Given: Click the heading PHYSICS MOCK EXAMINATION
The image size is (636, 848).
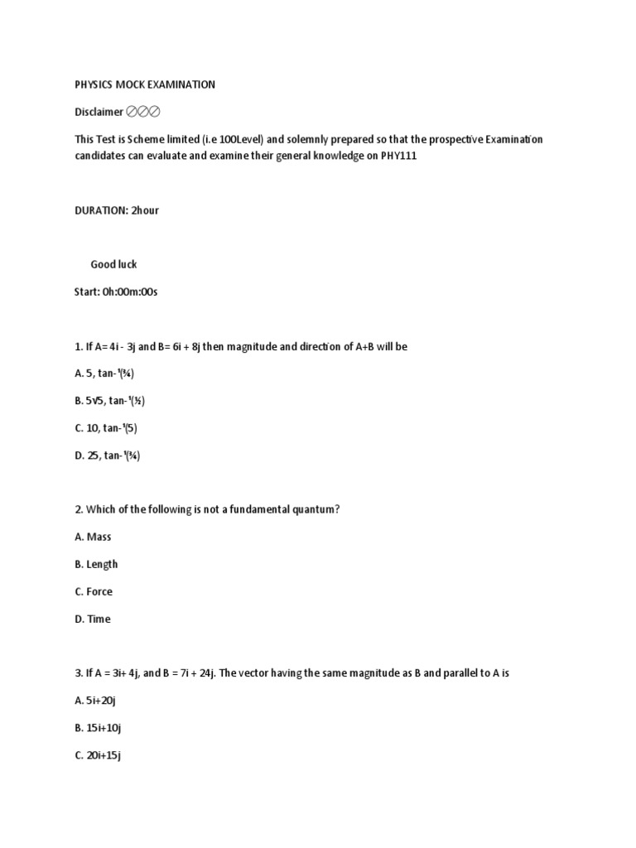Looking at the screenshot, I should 145,84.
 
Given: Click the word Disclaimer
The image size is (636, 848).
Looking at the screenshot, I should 99,112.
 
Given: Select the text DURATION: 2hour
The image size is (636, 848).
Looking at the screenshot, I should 117,210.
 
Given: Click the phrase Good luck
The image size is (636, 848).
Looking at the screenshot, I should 113,264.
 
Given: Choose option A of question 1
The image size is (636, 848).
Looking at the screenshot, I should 104,373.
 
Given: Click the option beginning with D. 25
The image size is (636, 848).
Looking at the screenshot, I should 107,455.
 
